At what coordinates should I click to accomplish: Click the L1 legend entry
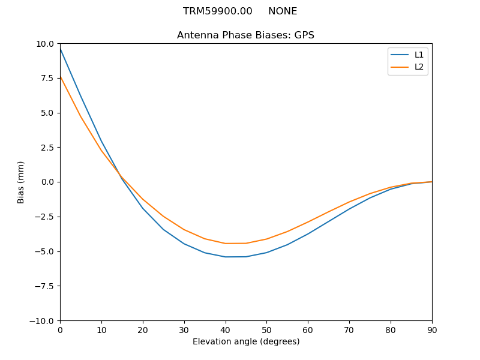(x=419, y=55)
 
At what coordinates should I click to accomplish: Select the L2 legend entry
(x=419, y=67)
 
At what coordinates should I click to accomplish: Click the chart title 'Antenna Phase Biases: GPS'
(x=245, y=35)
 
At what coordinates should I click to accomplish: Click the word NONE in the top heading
(x=283, y=11)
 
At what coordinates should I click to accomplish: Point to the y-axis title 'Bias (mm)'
(x=21, y=182)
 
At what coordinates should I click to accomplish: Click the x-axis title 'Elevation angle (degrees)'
(x=246, y=341)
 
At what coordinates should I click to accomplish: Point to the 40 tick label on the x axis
(x=225, y=329)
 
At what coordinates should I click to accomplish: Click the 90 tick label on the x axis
(x=432, y=329)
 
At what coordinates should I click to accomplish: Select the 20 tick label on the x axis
(x=143, y=329)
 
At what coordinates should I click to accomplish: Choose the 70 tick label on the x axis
(x=349, y=329)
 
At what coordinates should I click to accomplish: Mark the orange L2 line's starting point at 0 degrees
(x=61, y=77)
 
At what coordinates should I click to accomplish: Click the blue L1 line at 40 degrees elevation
(x=226, y=257)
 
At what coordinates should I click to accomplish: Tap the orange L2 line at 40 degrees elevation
(x=226, y=243)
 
